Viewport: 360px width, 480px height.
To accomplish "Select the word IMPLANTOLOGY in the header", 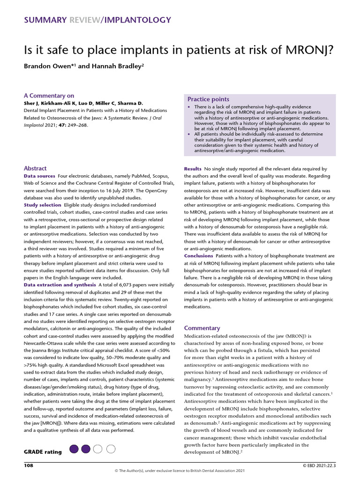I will (x=138, y=20).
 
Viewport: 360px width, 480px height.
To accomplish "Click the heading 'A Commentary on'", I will (x=49, y=96).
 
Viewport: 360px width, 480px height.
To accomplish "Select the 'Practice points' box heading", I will (x=208, y=99).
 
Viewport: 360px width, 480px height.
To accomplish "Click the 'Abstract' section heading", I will (x=35, y=168).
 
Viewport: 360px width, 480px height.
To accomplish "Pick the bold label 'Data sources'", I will (x=39, y=176).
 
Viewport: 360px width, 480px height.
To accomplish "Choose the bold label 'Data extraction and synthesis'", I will (x=60, y=285).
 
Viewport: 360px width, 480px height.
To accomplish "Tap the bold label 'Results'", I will (x=193, y=168).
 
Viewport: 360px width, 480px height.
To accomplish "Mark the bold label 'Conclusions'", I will (x=198, y=256).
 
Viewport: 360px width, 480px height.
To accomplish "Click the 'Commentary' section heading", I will (x=202, y=328).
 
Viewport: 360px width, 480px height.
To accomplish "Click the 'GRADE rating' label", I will (x=43, y=452).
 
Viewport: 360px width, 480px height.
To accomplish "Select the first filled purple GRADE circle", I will (x=74, y=449).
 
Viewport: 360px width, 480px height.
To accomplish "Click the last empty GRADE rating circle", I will (x=111, y=449).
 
